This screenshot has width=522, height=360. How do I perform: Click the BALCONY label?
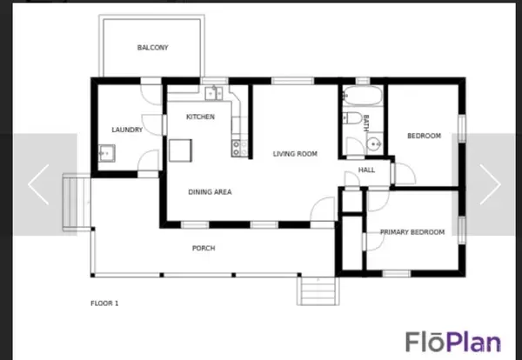(153, 48)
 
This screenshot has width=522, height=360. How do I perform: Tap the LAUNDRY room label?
(127, 130)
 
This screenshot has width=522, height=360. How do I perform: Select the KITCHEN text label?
(200, 117)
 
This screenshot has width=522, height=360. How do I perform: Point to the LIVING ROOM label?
(295, 154)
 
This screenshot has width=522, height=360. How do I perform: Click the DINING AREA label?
(210, 192)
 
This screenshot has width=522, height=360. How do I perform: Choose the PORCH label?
(204, 248)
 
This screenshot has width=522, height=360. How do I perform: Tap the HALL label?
(366, 170)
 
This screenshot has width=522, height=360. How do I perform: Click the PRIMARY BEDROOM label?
(412, 232)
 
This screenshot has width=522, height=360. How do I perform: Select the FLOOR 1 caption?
(104, 303)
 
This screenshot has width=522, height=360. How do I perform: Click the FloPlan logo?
(453, 342)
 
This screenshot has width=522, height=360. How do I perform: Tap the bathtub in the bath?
(363, 96)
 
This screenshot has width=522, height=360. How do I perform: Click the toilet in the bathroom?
(352, 118)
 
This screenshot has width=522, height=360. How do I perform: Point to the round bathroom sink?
(374, 144)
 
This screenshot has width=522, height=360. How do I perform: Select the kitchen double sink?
(214, 93)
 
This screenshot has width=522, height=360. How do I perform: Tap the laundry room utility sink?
(106, 153)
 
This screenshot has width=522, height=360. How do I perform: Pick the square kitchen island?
(180, 150)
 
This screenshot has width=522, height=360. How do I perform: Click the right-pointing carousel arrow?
(490, 184)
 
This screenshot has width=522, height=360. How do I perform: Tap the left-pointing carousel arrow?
(38, 184)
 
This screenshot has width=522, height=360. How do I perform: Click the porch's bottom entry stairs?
(318, 290)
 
